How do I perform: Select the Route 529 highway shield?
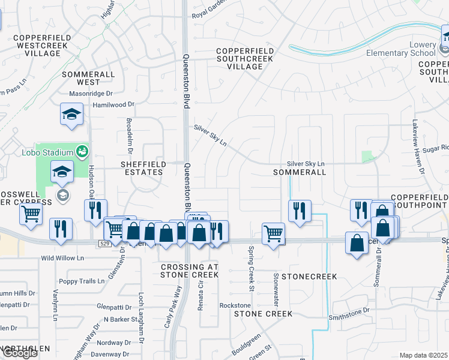pyautogui.click(x=104, y=243)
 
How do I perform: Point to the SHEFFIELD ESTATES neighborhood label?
pyautogui.click(x=142, y=167)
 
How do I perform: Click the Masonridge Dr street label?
pyautogui.click(x=91, y=94)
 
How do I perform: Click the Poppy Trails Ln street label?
pyautogui.click(x=82, y=281)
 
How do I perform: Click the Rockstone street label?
pyautogui.click(x=235, y=305)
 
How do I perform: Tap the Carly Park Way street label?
pyautogui.click(x=173, y=306)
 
